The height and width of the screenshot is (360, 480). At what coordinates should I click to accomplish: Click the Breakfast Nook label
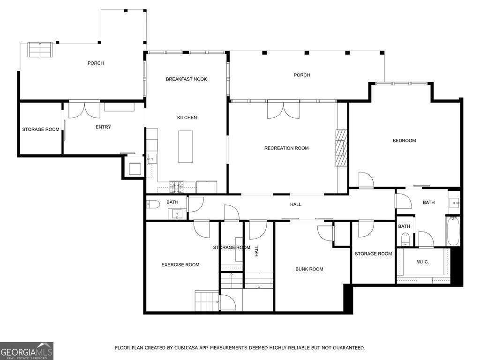click(186, 79)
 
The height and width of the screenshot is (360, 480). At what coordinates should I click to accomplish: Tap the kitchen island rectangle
click(186, 147)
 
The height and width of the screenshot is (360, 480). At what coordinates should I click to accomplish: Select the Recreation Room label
click(286, 148)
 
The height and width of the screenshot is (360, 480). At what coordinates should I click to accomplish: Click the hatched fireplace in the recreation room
click(341, 148)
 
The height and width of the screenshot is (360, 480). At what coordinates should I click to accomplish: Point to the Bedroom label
click(404, 141)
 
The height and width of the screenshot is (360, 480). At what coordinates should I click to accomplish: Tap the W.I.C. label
click(422, 262)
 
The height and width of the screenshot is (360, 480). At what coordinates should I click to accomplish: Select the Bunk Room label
click(309, 269)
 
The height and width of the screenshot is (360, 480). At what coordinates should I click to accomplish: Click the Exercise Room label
click(180, 265)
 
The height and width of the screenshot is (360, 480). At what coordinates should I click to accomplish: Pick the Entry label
click(103, 127)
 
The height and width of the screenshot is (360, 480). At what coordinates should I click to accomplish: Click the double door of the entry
click(84, 109)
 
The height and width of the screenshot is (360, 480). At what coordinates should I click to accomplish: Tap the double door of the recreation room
click(283, 109)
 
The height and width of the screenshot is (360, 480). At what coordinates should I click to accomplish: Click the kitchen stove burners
click(177, 187)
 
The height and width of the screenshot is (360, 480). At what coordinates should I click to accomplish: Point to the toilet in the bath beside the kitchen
click(153, 204)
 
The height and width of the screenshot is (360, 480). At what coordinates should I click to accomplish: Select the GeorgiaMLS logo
click(27, 351)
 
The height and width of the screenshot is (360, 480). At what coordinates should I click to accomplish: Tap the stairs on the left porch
click(40, 50)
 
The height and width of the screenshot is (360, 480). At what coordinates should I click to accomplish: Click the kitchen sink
click(152, 159)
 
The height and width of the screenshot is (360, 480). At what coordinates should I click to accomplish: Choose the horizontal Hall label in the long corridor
click(295, 204)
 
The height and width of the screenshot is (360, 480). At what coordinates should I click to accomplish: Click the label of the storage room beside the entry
click(41, 129)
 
